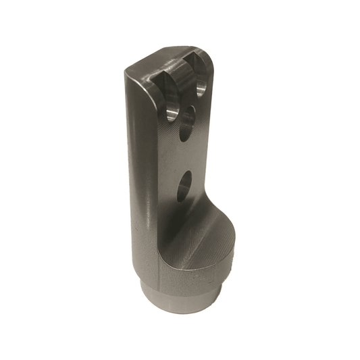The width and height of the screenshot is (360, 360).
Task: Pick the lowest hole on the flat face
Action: tap(184, 187)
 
